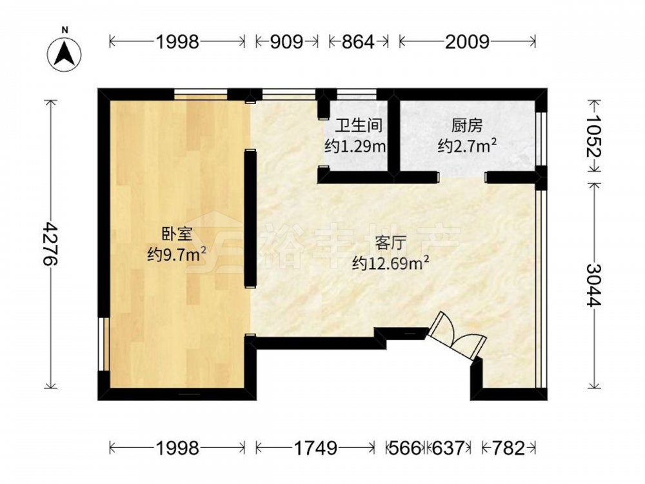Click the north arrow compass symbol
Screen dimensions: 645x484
(64, 54)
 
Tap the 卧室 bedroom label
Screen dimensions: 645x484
(177, 235)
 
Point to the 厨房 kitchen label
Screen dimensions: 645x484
(467, 126)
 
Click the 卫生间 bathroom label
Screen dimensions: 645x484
(359, 126)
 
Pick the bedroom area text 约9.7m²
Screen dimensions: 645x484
(177, 255)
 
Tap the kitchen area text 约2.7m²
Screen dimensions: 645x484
(467, 146)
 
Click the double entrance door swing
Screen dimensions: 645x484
(456, 336)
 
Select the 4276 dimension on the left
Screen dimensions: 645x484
(51, 244)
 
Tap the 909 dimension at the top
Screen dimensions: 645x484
(286, 41)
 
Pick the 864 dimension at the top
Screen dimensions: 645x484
(357, 41)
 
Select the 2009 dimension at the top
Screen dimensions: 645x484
(467, 41)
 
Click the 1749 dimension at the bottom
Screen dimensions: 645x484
(315, 448)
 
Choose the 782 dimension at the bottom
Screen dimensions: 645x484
(508, 448)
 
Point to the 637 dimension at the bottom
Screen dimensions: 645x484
(448, 448)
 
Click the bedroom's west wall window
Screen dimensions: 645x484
(103, 344)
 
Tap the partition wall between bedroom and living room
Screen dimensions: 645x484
(250, 219)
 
